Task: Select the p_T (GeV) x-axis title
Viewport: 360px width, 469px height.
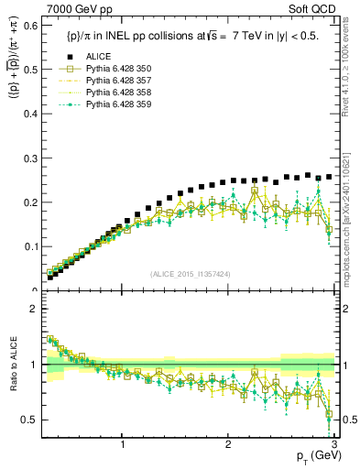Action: (x=314, y=456)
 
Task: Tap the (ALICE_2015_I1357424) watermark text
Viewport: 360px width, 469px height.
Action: (x=190, y=274)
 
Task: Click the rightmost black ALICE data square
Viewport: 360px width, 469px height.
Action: (x=329, y=176)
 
